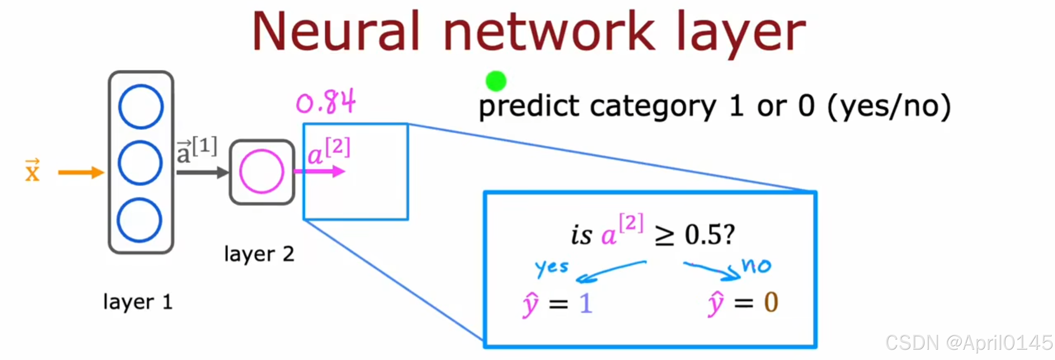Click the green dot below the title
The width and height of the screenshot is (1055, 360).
[x=496, y=81]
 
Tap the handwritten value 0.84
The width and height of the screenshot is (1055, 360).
[x=326, y=102]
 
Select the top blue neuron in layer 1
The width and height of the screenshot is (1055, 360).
[x=141, y=106]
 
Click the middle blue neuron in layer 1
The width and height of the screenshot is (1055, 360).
[x=140, y=163]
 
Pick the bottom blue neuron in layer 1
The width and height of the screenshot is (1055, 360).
[x=139, y=220]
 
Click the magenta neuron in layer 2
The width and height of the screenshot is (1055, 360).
[x=261, y=172]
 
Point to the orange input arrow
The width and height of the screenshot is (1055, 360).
[x=81, y=172]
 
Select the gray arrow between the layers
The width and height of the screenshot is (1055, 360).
[x=202, y=172]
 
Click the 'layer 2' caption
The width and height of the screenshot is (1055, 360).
[x=259, y=254]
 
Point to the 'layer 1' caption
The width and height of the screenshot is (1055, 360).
[x=138, y=302]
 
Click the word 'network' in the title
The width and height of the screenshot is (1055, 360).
[x=549, y=32]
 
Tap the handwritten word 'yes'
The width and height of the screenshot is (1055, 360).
[x=552, y=268]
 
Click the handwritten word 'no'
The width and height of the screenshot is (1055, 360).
[x=756, y=266]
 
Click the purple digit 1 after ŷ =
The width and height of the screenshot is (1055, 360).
[x=586, y=304]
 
